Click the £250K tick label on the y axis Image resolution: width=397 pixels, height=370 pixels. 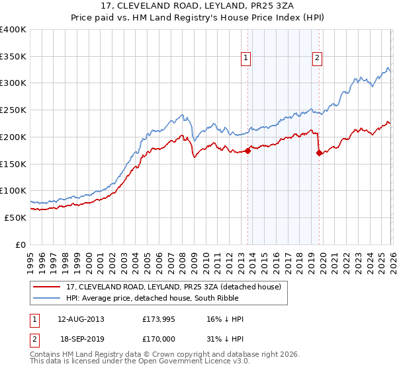[13, 110]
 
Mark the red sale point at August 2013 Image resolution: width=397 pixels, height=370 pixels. [247, 151]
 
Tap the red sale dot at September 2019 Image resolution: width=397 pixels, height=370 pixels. [319, 153]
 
